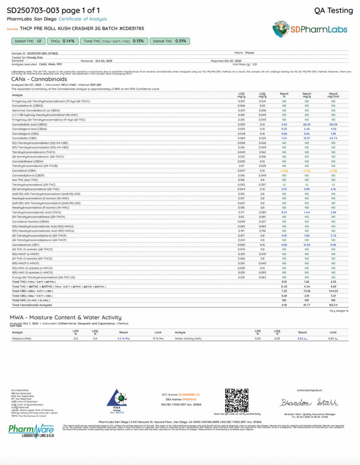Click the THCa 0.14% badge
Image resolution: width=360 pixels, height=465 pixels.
[62, 41]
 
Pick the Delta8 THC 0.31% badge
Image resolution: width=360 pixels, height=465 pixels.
[170, 41]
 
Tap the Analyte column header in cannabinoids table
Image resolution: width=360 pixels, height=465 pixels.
[17, 95]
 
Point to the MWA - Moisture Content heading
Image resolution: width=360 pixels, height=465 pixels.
[66, 317]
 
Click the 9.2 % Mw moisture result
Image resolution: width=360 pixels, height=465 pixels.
[124, 339]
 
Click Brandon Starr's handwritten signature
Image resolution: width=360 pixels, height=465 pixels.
[309, 403]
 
